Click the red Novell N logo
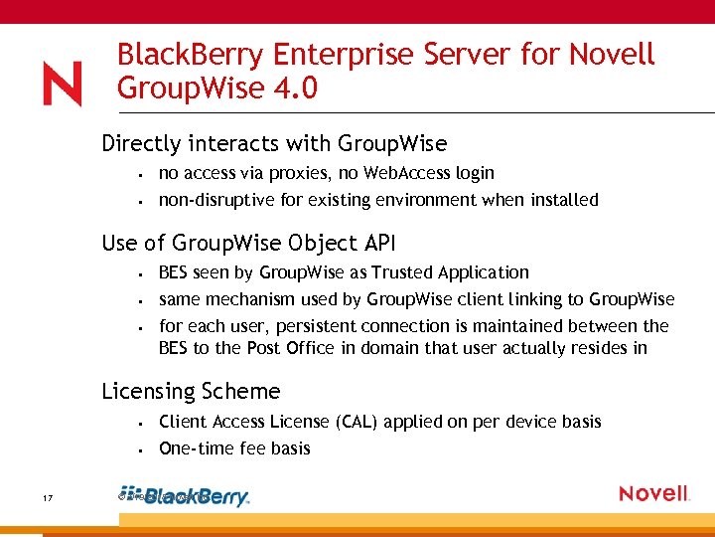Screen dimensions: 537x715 pyautogui.click(x=62, y=84)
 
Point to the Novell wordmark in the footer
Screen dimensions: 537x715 pyautogui.click(x=653, y=494)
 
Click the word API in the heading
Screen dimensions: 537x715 pyautogui.click(x=367, y=242)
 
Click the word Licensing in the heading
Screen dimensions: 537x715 pyautogui.click(x=148, y=392)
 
